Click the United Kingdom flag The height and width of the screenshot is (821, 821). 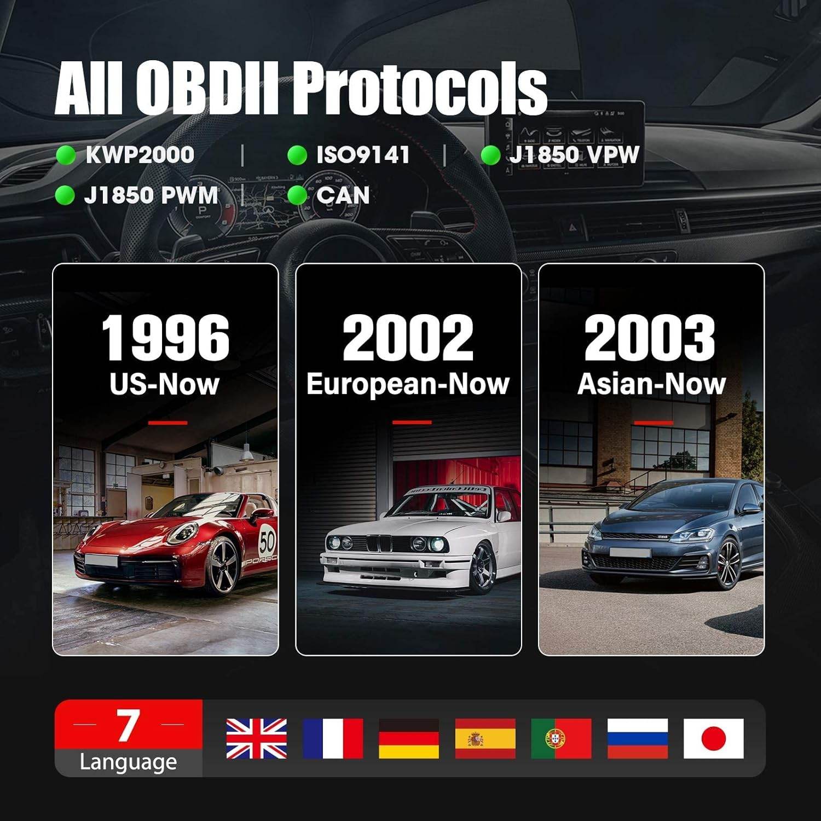point(256,738)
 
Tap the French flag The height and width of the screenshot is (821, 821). point(332,738)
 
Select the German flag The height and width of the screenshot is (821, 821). point(408,738)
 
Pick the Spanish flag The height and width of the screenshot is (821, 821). point(485,738)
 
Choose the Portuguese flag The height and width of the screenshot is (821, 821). point(561,738)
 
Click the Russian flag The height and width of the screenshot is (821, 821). point(637,738)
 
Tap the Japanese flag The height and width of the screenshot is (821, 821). point(713,738)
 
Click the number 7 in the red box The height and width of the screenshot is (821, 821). point(128,725)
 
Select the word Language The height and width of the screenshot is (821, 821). point(128,762)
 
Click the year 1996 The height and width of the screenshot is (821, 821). point(165,338)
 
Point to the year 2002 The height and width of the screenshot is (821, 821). point(408,338)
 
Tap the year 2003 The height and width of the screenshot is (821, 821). point(650,338)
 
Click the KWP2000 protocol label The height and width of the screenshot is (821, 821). point(140,155)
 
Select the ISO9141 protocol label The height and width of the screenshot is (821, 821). point(363,155)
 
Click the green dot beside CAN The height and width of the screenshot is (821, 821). point(297,195)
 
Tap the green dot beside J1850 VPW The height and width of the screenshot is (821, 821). point(490,155)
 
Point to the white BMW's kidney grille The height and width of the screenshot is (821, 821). point(379,544)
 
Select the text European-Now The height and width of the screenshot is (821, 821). point(408,384)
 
